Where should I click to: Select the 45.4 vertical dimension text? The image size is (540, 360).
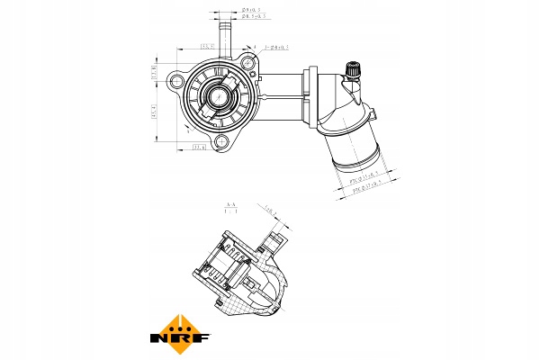[154, 112]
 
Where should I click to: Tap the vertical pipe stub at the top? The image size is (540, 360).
[227, 34]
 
